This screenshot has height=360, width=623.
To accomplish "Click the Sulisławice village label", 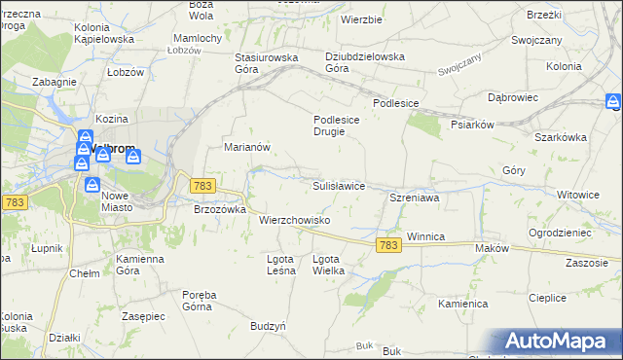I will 338,185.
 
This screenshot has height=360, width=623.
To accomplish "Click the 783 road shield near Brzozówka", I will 203,185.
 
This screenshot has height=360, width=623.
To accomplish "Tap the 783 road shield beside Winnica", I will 388,246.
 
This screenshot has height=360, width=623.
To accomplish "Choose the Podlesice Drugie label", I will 337,126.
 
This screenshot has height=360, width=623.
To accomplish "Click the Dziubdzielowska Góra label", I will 365,62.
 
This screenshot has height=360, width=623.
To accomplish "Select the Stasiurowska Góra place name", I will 266,62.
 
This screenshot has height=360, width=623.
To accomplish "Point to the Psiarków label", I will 474,125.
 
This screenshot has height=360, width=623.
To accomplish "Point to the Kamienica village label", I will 462,304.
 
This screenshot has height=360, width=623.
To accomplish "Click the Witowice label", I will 577,195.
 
